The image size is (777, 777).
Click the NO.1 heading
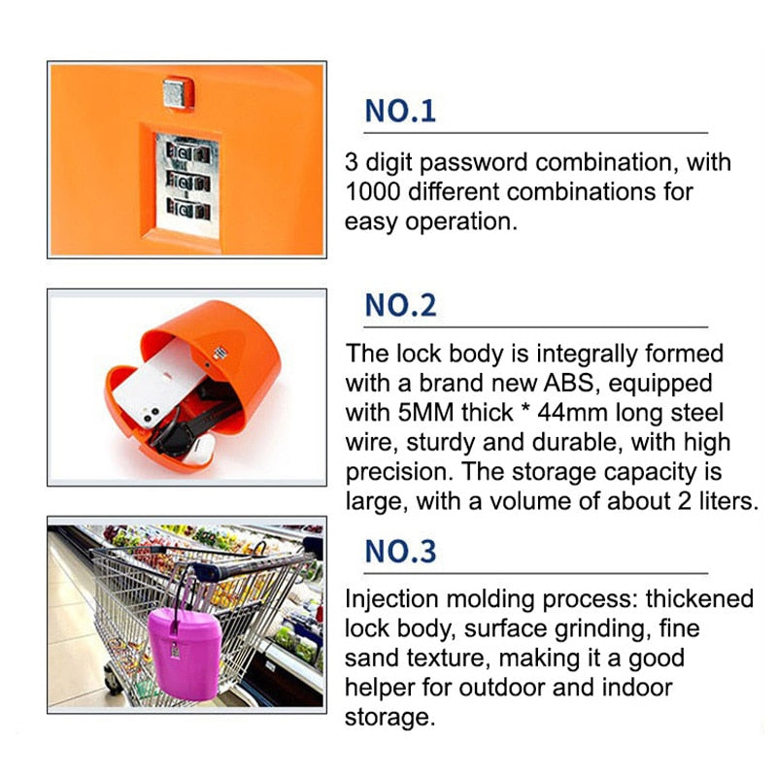(x=400, y=111)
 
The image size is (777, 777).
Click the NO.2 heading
(x=400, y=305)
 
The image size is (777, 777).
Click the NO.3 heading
(x=400, y=551)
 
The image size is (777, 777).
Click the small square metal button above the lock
(x=176, y=93)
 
